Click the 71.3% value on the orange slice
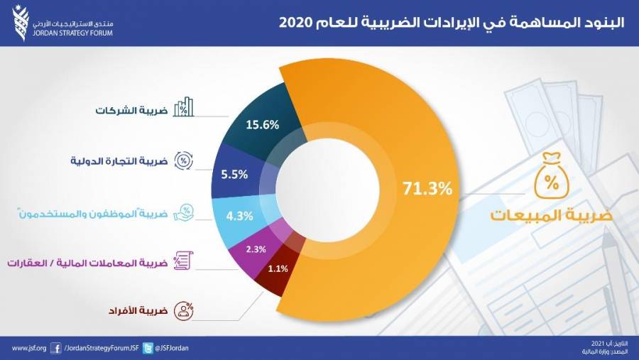point(427,189)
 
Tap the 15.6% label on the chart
point(262,124)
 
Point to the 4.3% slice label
point(239,216)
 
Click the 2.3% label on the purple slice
point(255,249)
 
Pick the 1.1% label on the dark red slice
point(278,270)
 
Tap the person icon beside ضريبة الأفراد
point(185,310)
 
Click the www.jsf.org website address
point(29,348)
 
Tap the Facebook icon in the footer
point(56,348)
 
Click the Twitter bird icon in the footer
point(148,348)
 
